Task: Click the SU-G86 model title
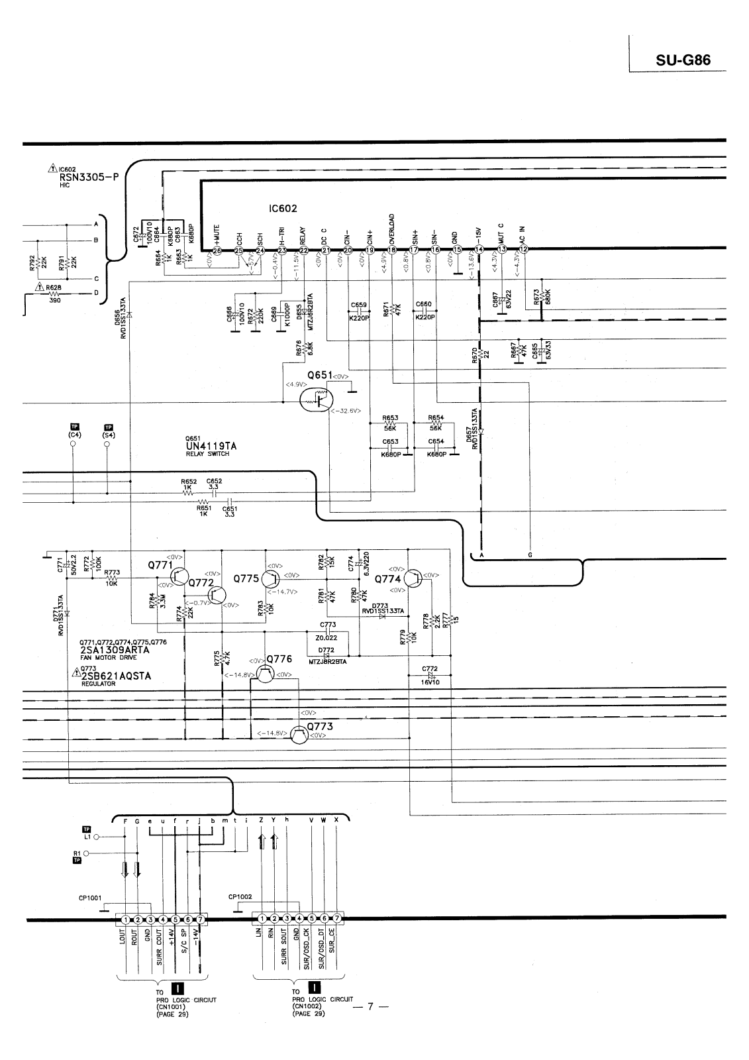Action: click(x=683, y=60)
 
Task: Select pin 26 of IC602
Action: click(x=217, y=250)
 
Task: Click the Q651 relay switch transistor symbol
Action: click(x=315, y=399)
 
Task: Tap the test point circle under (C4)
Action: click(x=73, y=445)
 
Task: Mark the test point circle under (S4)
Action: click(x=107, y=445)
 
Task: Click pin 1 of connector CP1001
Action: click(x=125, y=920)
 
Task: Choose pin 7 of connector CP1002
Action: click(x=337, y=920)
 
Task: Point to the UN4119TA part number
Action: click(x=211, y=446)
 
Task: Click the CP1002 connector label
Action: click(x=239, y=897)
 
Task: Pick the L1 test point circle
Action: click(x=97, y=837)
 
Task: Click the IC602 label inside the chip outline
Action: click(x=283, y=209)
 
